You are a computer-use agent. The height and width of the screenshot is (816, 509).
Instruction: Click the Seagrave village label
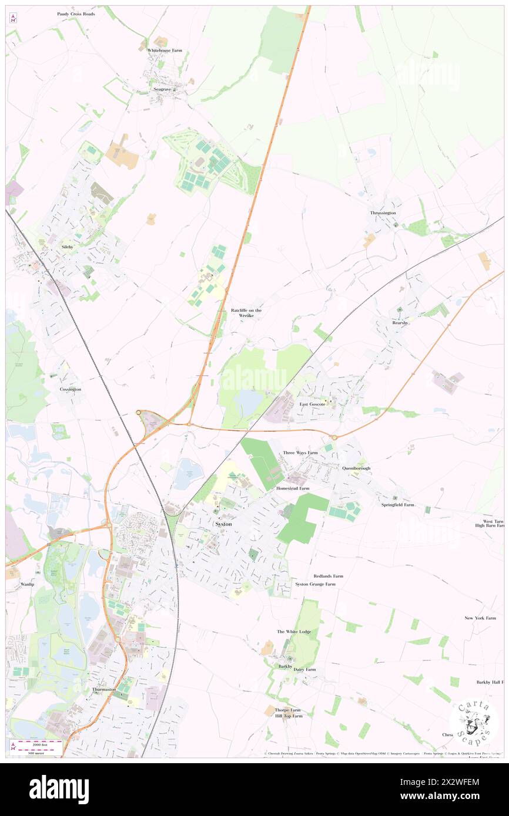coord(162,89)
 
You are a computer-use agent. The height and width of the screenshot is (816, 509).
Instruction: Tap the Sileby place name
coord(68,248)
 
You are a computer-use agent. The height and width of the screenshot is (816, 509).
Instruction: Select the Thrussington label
coord(383,213)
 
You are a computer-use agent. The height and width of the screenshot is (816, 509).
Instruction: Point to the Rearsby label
coord(400,323)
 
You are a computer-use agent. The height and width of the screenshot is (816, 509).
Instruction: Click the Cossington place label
coord(70,389)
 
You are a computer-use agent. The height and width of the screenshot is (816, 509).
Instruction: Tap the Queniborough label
coord(357,468)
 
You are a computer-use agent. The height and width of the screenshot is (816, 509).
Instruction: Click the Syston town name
coord(223,524)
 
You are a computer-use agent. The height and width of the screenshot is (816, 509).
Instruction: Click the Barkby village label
coord(285,666)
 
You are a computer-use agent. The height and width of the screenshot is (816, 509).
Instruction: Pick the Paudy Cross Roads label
coord(76,13)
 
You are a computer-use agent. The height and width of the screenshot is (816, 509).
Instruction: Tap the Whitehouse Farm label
coord(165,50)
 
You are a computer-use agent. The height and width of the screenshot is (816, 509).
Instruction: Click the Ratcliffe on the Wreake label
coord(246,313)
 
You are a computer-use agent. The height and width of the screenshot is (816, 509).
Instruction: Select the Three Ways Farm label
coord(300,453)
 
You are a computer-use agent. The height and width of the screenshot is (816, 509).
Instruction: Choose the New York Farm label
coord(480,618)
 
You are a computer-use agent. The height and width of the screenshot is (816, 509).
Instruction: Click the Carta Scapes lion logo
coord(474,723)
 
